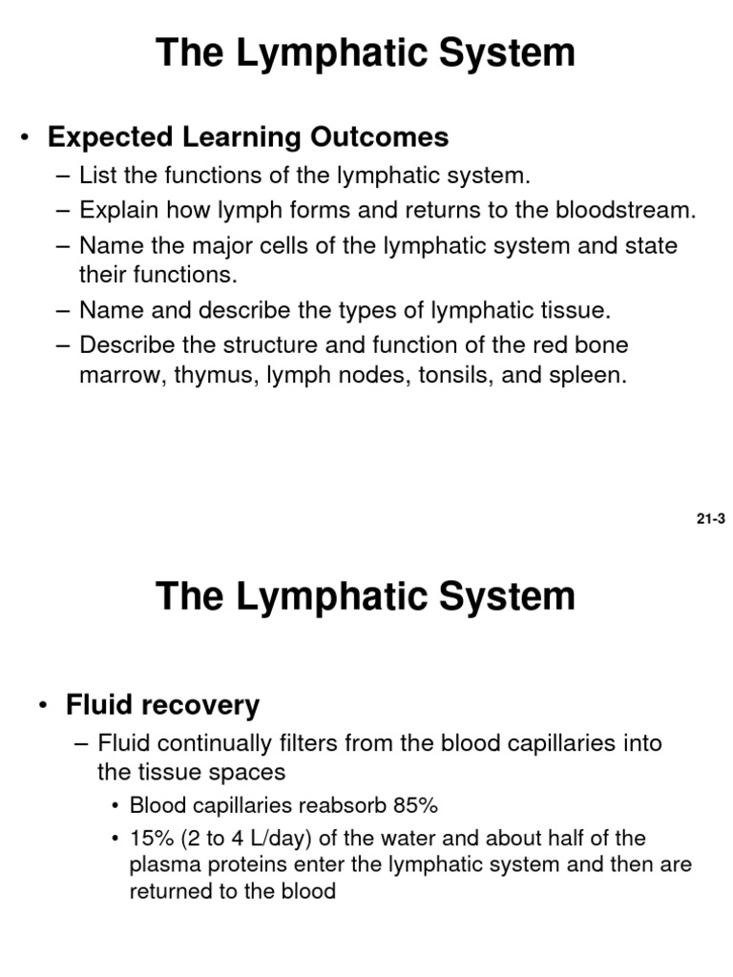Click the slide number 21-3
coord(711,520)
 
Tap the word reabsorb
coord(337,805)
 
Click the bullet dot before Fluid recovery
coord(42,707)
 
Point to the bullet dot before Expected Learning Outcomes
coord(25,138)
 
